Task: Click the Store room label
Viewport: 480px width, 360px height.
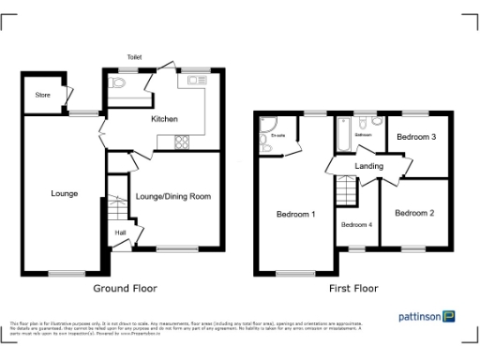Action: [x=42, y=95]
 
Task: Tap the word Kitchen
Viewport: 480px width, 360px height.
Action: [x=165, y=119]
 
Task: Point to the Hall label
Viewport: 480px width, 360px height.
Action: [x=120, y=232]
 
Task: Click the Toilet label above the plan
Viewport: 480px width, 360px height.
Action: [x=134, y=57]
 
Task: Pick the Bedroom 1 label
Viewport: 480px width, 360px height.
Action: [x=295, y=215]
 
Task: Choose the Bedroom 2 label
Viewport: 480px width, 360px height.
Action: [x=413, y=213]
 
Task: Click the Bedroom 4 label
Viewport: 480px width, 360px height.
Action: [x=356, y=225]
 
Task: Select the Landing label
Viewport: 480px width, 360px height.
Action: [x=368, y=166]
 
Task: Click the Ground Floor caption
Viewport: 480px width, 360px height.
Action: [x=126, y=289]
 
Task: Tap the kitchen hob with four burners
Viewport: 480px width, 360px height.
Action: [x=181, y=142]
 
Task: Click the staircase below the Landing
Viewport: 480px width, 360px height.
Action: [x=349, y=193]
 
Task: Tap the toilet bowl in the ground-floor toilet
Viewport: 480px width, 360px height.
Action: [x=117, y=83]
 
